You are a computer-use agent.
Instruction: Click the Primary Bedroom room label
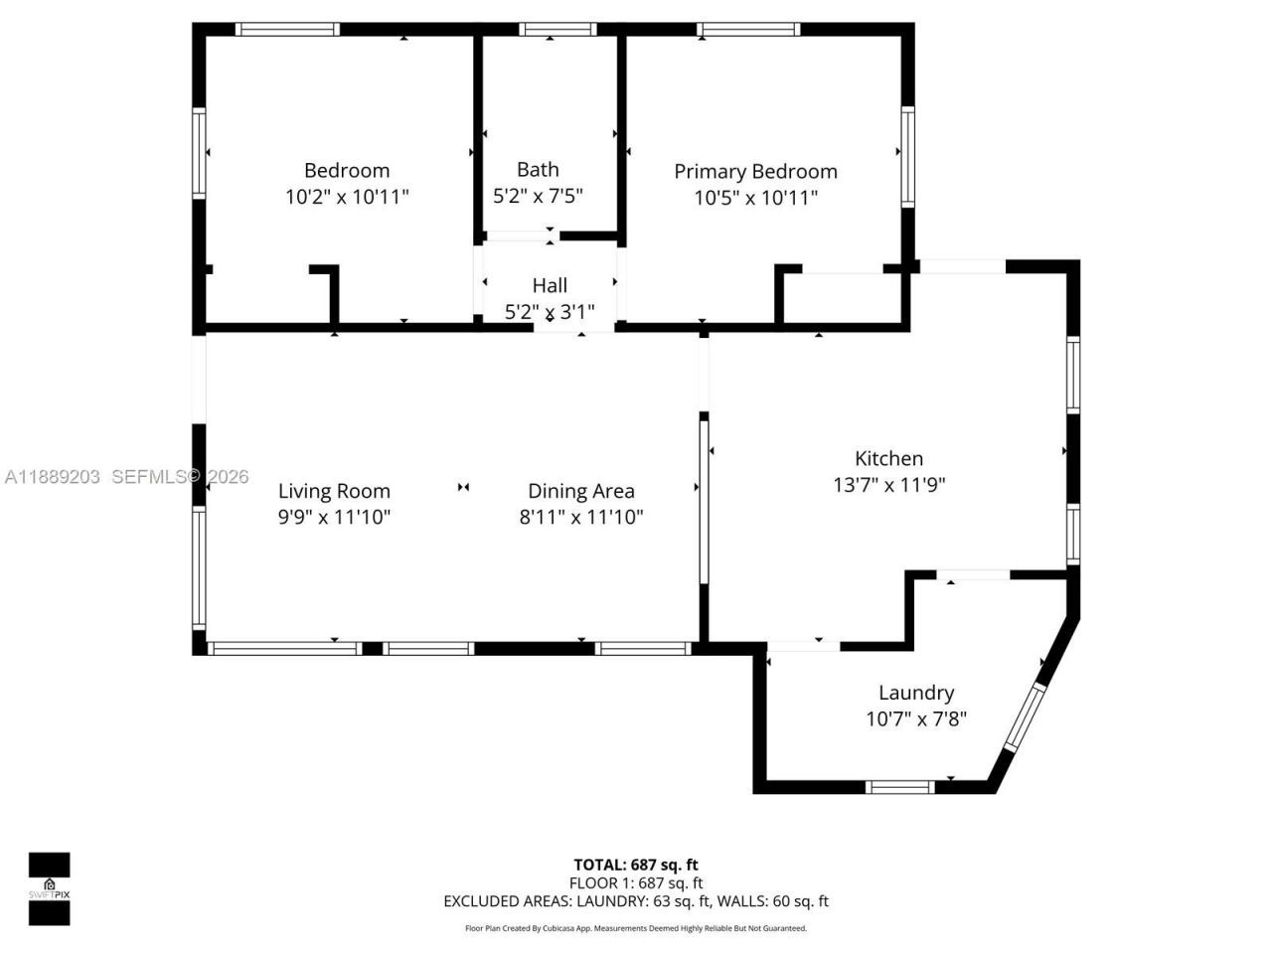[755, 171]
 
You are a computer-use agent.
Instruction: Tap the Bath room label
[538, 169]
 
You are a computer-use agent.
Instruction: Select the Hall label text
[550, 285]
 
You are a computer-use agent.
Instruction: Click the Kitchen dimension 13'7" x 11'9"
[888, 485]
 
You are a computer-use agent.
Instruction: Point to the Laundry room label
[915, 693]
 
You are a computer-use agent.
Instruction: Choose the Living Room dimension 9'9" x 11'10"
[334, 517]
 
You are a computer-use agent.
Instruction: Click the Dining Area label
[580, 491]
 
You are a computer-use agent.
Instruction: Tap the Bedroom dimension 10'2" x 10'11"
[347, 197]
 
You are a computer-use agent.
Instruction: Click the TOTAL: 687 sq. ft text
[636, 865]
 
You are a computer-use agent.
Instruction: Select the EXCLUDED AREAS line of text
[636, 901]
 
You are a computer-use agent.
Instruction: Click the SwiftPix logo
[49, 888]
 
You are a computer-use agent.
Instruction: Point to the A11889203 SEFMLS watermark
[125, 477]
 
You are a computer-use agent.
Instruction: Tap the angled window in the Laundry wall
[1026, 716]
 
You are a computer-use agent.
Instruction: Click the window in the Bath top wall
[557, 30]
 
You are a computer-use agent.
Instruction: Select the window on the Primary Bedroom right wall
[907, 157]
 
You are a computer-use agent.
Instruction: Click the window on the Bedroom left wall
[199, 153]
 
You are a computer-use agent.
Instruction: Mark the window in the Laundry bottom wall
[899, 787]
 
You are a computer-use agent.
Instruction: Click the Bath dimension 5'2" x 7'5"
[538, 196]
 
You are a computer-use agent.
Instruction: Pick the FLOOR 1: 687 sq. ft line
[636, 882]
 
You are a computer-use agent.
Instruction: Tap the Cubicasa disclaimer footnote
[636, 928]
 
